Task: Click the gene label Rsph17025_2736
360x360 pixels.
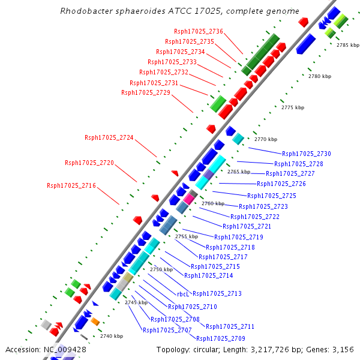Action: pyautogui.click(x=199, y=31)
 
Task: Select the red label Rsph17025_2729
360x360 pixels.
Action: pyautogui.click(x=146, y=92)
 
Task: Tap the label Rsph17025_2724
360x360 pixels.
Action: pyautogui.click(x=109, y=137)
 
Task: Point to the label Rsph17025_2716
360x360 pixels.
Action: pyautogui.click(x=71, y=185)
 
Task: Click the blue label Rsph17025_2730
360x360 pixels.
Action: pyautogui.click(x=307, y=154)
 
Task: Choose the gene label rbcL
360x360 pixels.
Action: pyautogui.click(x=183, y=294)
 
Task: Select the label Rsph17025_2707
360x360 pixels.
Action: pyautogui.click(x=167, y=329)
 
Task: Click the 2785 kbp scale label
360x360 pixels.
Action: pyautogui.click(x=346, y=45)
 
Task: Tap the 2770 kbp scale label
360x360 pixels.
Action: pyautogui.click(x=266, y=139)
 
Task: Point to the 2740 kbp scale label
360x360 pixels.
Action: pyautogui.click(x=112, y=336)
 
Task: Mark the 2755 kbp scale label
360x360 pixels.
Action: pyautogui.click(x=187, y=236)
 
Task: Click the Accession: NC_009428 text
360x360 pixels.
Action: pyautogui.click(x=46, y=349)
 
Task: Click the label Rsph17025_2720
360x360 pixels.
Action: pyautogui.click(x=89, y=163)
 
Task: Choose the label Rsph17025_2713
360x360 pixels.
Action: pyautogui.click(x=217, y=293)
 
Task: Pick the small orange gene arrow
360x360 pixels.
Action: pyautogui.click(x=95, y=322)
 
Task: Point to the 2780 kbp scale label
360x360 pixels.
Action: pyautogui.click(x=320, y=76)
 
